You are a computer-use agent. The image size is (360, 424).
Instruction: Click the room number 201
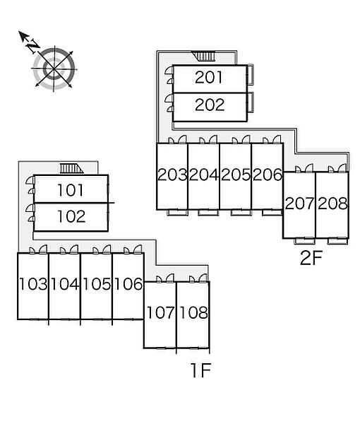[208, 77]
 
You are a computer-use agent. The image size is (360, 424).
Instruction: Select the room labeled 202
[210, 105]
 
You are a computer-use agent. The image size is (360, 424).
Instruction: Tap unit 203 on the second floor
[172, 175]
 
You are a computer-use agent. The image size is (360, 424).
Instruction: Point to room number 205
[236, 175]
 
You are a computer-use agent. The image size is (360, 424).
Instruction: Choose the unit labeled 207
[299, 204]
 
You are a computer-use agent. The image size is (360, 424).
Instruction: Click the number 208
[332, 204]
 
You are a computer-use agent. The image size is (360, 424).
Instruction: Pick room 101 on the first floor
[71, 190]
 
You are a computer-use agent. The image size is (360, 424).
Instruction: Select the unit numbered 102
[71, 217]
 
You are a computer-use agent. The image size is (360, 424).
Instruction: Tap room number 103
[33, 284]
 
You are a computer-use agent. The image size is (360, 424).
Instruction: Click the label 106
[128, 284]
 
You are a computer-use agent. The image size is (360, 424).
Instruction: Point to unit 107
[160, 312]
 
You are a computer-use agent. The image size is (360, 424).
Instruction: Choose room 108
[193, 312]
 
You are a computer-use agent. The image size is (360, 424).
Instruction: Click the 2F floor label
[311, 258]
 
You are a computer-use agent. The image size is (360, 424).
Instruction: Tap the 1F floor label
[200, 370]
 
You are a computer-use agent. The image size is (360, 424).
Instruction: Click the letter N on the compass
[32, 46]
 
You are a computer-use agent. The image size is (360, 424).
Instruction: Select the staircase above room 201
[204, 56]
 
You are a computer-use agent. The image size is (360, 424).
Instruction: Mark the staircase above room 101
[71, 168]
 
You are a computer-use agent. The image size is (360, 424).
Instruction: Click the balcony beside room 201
[251, 75]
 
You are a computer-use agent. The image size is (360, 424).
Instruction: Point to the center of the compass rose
[54, 69]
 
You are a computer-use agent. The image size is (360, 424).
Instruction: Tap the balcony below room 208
[337, 241]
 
